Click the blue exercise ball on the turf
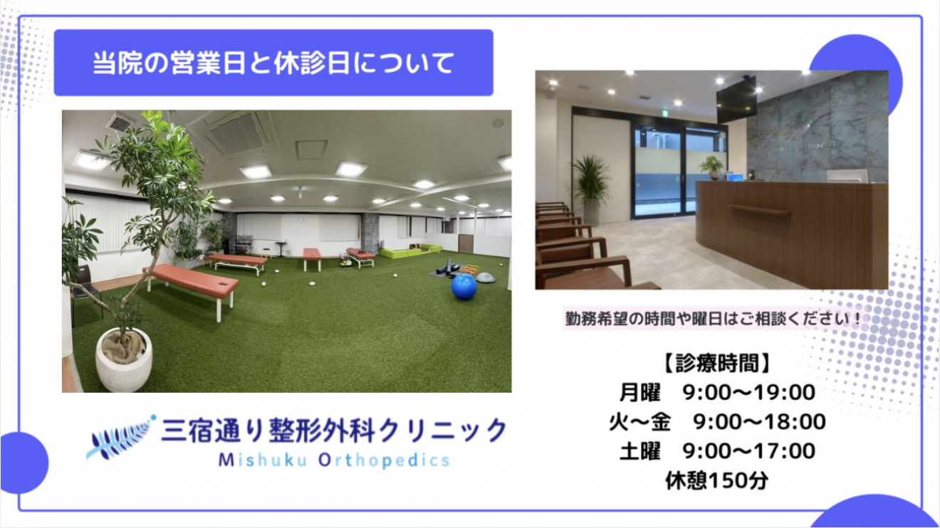(464, 287)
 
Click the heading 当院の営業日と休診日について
(273, 63)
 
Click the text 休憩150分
(716, 480)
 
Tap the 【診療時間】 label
(716, 363)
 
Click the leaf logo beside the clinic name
(121, 437)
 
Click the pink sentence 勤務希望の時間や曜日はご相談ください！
(713, 320)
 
